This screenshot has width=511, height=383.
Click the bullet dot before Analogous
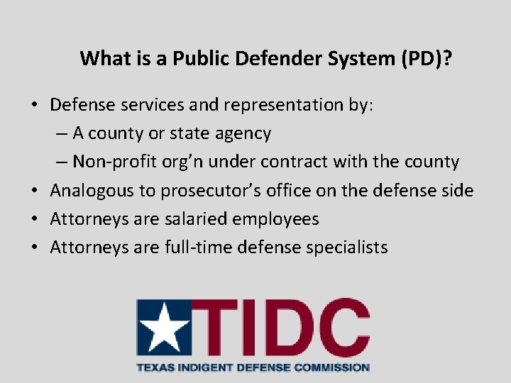33,191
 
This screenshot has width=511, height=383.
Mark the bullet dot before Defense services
33,105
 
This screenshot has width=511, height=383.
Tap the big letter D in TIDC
278,328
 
